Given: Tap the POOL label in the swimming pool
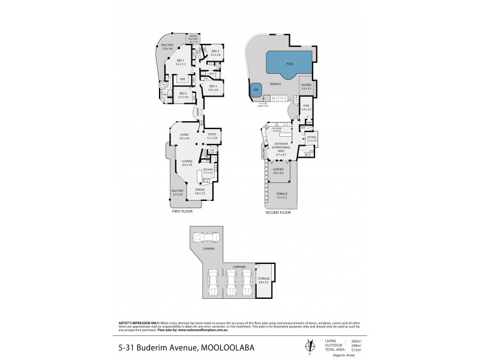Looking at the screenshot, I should point(289,62).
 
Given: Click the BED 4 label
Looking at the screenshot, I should point(215,52).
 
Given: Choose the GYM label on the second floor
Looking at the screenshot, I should point(304,108).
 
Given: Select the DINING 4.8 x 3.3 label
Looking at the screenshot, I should point(200,191).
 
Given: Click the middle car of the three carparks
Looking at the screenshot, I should point(230,280).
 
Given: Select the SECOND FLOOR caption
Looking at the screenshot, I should point(277,212).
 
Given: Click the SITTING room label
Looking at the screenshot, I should point(311,138).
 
